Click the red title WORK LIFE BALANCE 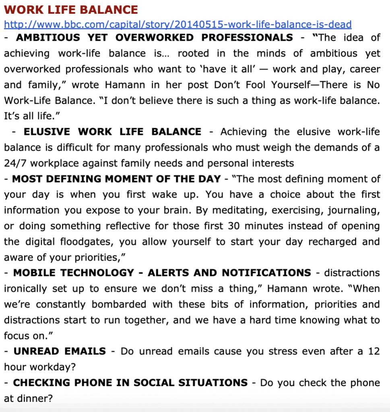click(x=71, y=10)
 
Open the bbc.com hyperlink click(x=177, y=24)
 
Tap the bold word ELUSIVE click(x=47, y=132)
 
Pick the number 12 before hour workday click(x=373, y=351)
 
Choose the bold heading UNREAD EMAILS click(x=60, y=351)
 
